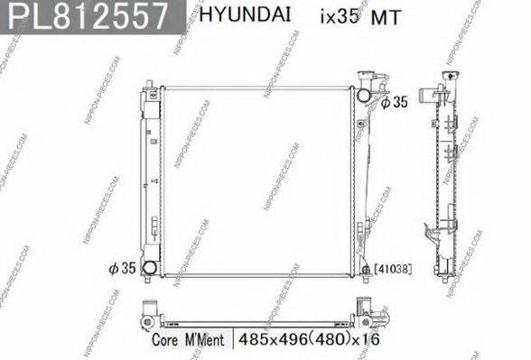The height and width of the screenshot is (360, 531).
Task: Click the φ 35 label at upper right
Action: (x=395, y=103)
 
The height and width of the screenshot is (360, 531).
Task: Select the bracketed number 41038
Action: (x=387, y=269)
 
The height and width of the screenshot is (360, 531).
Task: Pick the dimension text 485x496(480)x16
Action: (x=303, y=340)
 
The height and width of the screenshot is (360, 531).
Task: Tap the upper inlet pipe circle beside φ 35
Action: (x=364, y=94)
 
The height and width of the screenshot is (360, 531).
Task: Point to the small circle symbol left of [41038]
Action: (x=365, y=268)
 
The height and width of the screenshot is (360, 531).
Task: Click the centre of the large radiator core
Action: (x=256, y=180)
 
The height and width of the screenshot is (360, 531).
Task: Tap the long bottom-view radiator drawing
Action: (x=256, y=317)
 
